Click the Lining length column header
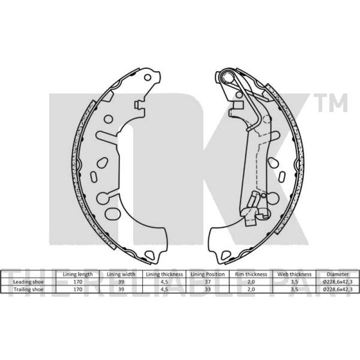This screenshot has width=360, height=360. coord(77,274)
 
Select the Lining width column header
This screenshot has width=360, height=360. coord(121,274)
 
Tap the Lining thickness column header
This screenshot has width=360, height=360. coord(164,274)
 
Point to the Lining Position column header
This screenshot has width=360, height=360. coord(208,274)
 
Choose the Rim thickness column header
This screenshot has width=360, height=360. coord(251,274)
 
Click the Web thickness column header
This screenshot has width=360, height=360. coord(294,274)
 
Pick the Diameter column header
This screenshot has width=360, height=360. coord(338,274)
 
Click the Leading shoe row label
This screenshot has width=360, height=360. coord(28,282)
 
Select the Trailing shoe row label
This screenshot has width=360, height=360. coord(28,289)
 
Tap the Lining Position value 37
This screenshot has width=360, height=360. coord(208,282)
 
